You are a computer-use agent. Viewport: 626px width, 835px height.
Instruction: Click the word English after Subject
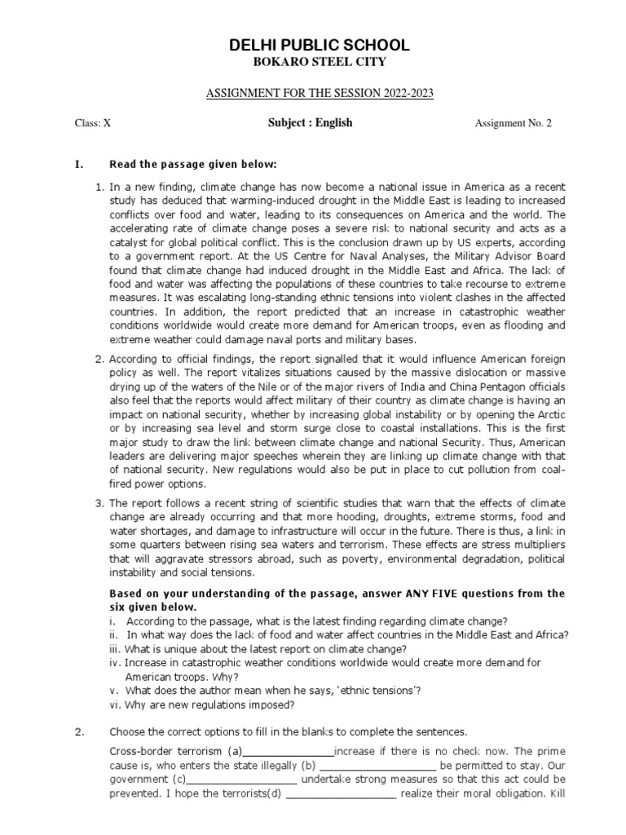pos(335,123)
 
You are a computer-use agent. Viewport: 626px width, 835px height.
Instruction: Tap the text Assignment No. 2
pos(513,124)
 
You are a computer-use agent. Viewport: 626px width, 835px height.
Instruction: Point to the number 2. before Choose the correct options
pos(80,731)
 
